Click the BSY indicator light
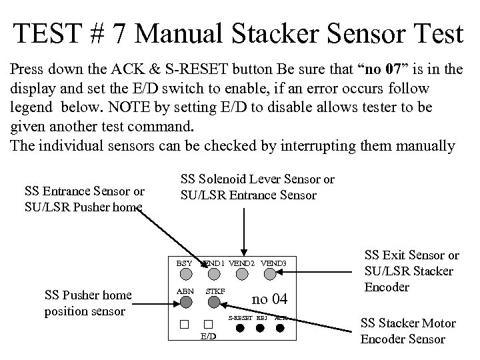click(x=184, y=273)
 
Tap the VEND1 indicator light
click(x=213, y=273)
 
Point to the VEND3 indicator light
click(x=274, y=273)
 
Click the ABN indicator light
click(x=184, y=301)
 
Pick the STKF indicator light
click(x=213, y=301)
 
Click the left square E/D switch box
click(x=183, y=325)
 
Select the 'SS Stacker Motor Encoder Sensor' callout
click(x=408, y=331)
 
